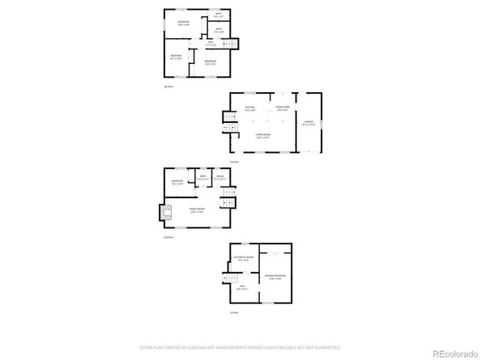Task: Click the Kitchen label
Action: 250,108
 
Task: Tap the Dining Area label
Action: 283,108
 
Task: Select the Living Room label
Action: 262,135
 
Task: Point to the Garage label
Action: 309,123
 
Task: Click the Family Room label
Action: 197,210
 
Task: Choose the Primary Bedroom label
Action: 275,277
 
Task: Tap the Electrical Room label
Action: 244,259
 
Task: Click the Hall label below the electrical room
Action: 240,286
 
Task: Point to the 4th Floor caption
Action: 168,87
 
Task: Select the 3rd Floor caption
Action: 234,162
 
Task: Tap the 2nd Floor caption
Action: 168,237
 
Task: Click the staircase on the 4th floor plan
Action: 232,44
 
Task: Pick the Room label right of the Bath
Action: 219,178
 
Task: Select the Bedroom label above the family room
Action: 177,182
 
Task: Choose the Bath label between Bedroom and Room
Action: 202,178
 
